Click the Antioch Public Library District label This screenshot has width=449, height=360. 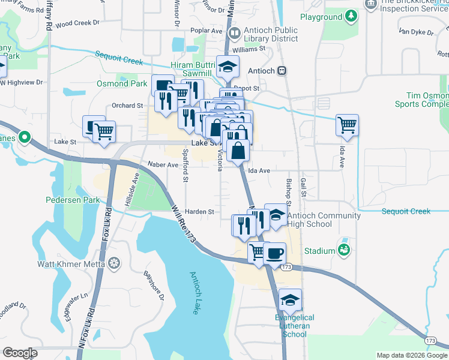click(x=270, y=35)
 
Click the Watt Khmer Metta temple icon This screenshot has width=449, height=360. click(x=114, y=262)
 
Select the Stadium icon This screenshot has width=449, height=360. click(x=344, y=249)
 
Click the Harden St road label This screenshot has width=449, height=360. click(x=199, y=212)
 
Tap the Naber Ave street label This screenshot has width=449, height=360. click(x=163, y=164)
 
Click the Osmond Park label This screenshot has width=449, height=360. click(x=122, y=83)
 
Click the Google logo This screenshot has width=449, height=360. click(x=20, y=353)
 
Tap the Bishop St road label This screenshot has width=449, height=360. click(x=289, y=188)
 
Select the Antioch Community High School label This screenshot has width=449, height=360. click(x=324, y=220)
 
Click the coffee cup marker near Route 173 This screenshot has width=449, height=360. click(x=275, y=253)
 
